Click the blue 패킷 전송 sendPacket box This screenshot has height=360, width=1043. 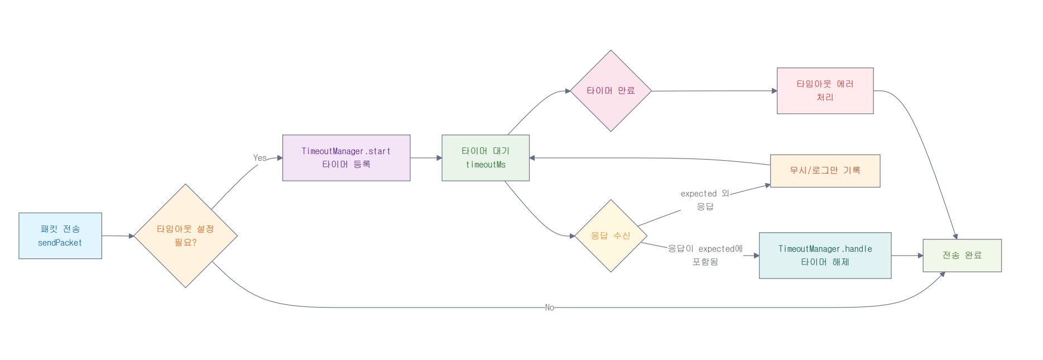(60, 236)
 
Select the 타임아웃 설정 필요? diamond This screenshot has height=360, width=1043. (185, 236)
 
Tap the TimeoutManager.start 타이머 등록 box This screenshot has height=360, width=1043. (346, 157)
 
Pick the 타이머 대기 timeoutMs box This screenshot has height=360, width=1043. (486, 157)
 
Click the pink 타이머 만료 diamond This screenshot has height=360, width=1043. (611, 91)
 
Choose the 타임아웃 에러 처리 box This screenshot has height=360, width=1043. (825, 90)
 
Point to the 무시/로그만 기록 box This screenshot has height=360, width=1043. (825, 171)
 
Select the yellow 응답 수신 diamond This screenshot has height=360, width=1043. (611, 236)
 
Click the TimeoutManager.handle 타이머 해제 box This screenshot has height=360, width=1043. (825, 256)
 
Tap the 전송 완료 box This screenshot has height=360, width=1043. (962, 256)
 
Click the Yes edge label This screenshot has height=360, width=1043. (260, 158)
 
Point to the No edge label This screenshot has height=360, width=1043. (550, 308)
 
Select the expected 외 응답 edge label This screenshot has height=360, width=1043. (705, 200)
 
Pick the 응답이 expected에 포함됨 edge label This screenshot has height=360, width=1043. (705, 255)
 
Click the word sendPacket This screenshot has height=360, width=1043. (60, 243)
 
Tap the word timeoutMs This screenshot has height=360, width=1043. (486, 165)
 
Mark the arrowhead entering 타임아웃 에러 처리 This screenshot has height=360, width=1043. (774, 91)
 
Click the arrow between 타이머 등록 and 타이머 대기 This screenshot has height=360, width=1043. (426, 158)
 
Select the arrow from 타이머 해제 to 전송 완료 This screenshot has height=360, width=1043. (907, 256)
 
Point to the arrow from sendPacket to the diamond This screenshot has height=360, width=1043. (118, 236)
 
